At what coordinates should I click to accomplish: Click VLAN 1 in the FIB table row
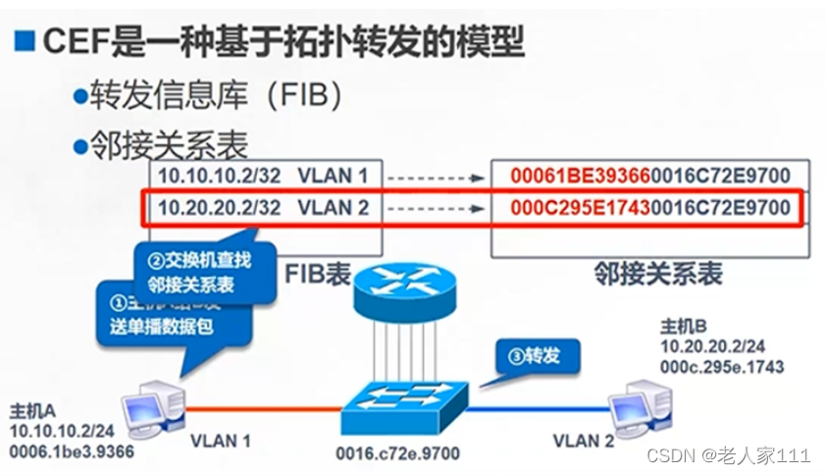(333, 177)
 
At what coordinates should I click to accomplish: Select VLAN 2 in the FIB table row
(333, 208)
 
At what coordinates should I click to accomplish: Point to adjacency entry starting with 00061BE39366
(649, 177)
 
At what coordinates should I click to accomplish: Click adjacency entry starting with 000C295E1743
(649, 208)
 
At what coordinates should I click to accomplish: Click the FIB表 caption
(318, 273)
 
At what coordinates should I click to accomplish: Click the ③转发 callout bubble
(535, 355)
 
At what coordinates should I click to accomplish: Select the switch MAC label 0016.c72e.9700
(396, 453)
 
